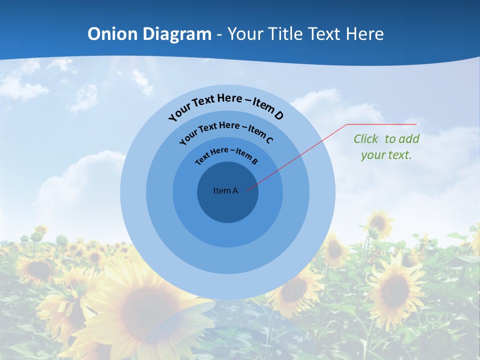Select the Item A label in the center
coord(225,190)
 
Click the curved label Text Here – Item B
coord(226,154)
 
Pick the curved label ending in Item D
coord(226,106)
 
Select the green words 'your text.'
coord(386,155)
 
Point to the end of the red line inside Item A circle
coord(247,189)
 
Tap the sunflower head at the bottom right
coord(395,290)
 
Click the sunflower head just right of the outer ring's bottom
coord(295,289)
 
